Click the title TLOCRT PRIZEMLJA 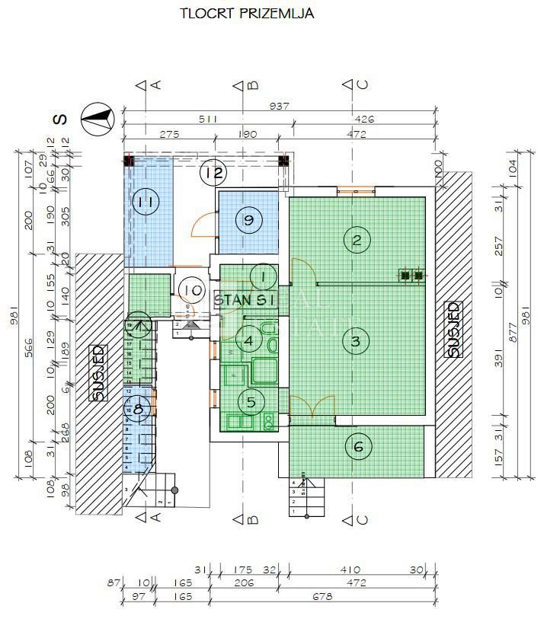pos(236,13)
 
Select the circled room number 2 pos(356,240)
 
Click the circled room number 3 pos(356,340)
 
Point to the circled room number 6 pos(359,447)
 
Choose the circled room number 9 pos(248,220)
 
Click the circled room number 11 pos(144,202)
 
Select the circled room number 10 pos(193,289)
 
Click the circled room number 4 pos(248,340)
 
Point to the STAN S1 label pos(244,300)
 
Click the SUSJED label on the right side pos(453,329)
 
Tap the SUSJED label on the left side pos(98,372)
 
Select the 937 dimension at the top pos(280,107)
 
